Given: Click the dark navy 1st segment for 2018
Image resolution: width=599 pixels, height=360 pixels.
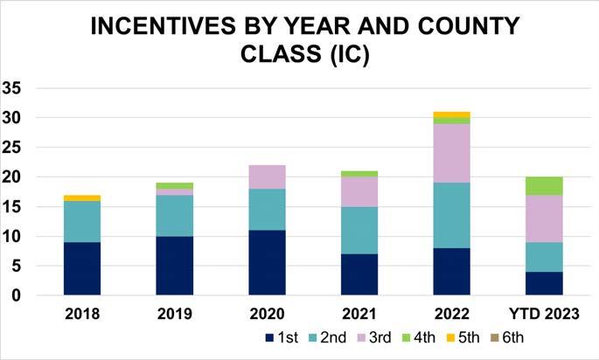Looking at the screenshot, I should pyautogui.click(x=82, y=268).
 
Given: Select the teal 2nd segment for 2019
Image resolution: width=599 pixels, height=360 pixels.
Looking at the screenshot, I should pyautogui.click(x=175, y=215).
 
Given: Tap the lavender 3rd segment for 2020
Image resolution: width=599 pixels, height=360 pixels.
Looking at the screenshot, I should pyautogui.click(x=268, y=177).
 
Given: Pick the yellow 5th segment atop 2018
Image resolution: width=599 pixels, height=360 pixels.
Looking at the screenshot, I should pyautogui.click(x=82, y=197).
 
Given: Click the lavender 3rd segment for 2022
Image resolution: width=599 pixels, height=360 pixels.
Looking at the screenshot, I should pyautogui.click(x=452, y=153).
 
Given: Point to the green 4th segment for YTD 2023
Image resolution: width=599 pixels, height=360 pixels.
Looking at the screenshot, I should pyautogui.click(x=545, y=185).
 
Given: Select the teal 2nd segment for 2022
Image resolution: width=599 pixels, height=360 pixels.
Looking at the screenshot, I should pyautogui.click(x=452, y=215).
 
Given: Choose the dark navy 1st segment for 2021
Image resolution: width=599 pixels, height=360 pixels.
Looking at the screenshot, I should pyautogui.click(x=359, y=274).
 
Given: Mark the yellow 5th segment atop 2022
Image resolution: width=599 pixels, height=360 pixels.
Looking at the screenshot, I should pyautogui.click(x=452, y=114).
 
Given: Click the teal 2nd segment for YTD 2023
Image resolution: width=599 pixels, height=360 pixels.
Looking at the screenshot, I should pyautogui.click(x=545, y=257).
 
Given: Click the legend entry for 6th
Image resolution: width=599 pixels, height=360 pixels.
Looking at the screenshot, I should pyautogui.click(x=512, y=337).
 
